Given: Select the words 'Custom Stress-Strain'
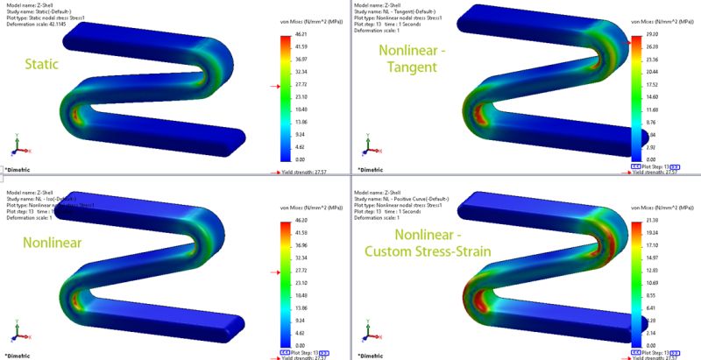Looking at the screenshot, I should coord(438,251).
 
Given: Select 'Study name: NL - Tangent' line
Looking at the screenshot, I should coord(403,11).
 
